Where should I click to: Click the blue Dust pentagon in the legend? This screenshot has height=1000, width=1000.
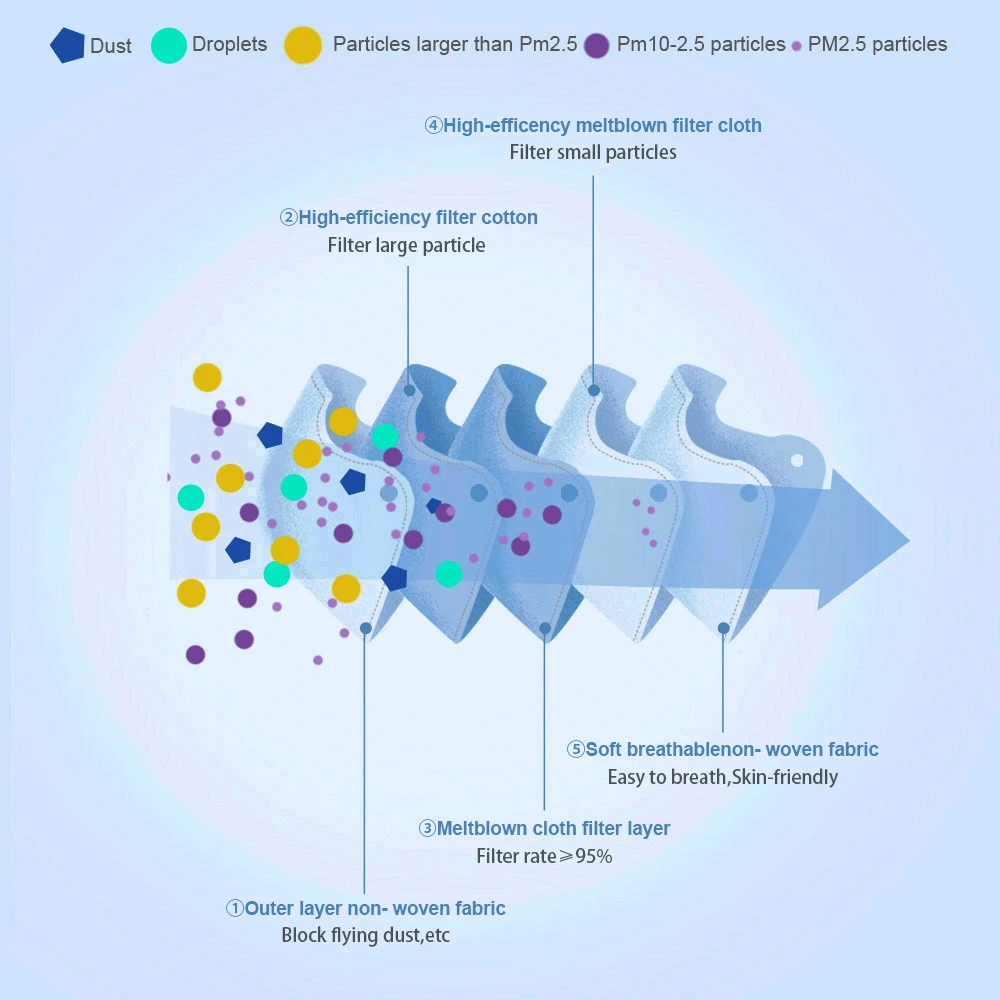(67, 46)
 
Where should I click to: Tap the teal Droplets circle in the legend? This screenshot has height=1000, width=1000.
(169, 45)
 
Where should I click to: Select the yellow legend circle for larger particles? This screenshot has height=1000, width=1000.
(303, 45)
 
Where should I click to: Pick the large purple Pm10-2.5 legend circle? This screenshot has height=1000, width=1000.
(597, 45)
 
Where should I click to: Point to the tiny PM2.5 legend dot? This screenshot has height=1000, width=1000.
(796, 46)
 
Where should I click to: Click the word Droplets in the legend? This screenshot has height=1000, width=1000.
(230, 45)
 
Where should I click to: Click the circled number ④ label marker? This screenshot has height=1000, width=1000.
(433, 126)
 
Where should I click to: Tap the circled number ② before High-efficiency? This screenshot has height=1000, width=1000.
(288, 218)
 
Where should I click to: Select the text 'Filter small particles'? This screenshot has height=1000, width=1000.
(593, 153)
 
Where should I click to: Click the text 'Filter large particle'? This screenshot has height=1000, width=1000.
(406, 245)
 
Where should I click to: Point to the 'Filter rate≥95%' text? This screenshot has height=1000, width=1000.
(544, 856)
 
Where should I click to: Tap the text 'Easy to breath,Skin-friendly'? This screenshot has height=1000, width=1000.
(723, 777)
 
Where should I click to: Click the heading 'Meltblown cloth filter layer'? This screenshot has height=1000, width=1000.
(553, 828)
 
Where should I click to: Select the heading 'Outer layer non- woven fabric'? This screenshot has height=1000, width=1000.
(375, 908)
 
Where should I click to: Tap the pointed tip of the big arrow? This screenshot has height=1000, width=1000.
(908, 540)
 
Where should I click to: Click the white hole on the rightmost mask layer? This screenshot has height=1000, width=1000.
(797, 461)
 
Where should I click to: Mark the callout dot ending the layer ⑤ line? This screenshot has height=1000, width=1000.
(723, 628)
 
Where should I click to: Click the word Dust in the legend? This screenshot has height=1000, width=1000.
(111, 46)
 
